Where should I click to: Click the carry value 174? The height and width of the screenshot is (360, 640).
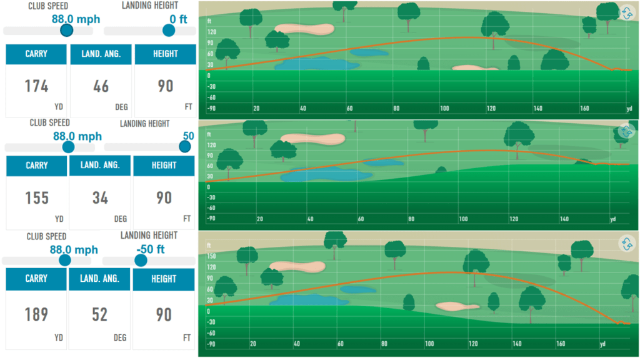(36, 86)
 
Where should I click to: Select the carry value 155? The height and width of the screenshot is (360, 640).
(36, 198)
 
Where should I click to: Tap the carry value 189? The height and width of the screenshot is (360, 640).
(36, 314)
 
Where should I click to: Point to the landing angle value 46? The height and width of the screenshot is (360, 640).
(101, 86)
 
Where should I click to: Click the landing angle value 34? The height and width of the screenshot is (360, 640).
(100, 198)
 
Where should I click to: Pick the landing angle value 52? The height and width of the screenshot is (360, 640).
(100, 314)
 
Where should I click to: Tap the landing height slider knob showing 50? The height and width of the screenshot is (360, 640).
(184, 146)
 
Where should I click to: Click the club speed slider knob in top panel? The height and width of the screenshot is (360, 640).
(66, 30)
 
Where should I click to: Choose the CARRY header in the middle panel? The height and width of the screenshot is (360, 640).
(36, 166)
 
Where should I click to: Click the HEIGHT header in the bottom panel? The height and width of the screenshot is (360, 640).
(164, 279)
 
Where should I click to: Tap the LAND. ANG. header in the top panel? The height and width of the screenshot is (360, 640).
(101, 54)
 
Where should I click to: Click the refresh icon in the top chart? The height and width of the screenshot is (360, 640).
(627, 12)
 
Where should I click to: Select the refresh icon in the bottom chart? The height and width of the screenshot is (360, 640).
(627, 243)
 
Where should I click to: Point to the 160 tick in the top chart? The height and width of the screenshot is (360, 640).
(584, 108)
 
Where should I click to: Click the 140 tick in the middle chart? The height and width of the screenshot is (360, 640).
(564, 219)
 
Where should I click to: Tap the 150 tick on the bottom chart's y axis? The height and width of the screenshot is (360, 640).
(211, 256)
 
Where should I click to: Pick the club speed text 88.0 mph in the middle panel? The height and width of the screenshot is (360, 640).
(77, 136)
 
